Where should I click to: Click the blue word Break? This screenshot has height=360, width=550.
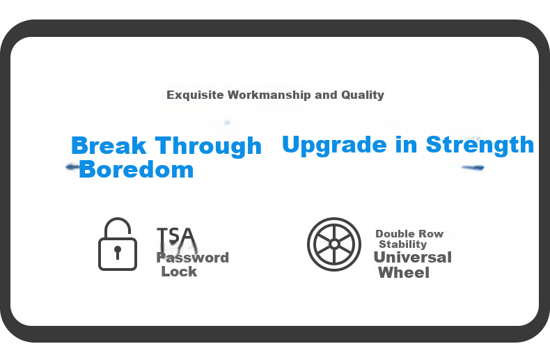click(109, 146)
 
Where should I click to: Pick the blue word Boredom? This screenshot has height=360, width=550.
click(136, 169)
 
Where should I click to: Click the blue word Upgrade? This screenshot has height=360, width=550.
click(334, 145)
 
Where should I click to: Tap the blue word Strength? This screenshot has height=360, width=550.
click(480, 145)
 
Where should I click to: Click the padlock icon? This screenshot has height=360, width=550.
click(118, 244)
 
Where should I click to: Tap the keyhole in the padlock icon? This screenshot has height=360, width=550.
click(118, 252)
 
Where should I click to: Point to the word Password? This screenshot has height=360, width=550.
click(193, 258)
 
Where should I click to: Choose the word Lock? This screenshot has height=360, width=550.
click(179, 272)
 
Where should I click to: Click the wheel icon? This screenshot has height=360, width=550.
click(334, 244)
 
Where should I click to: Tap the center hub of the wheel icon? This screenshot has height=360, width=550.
click(334, 244)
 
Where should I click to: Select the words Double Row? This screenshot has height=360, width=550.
click(409, 234)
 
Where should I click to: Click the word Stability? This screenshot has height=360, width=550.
click(402, 244)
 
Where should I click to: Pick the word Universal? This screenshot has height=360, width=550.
click(412, 257)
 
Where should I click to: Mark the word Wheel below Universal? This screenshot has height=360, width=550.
click(404, 273)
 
